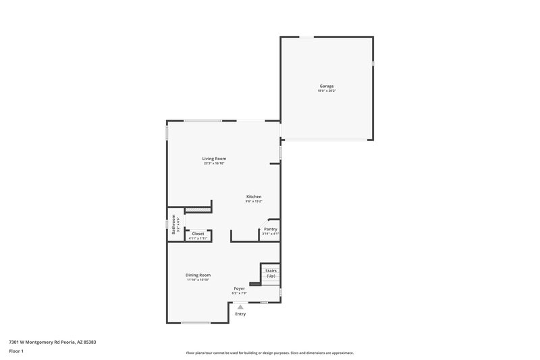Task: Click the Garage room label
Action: click(327, 86)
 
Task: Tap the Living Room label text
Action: click(213, 158)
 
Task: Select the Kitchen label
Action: click(253, 197)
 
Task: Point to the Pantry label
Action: click(270, 229)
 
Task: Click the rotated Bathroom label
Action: click(173, 224)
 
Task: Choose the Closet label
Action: click(198, 234)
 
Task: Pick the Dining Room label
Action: click(198, 275)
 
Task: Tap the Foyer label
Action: click(240, 288)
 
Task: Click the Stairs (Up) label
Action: click(271, 273)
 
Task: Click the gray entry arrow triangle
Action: click(240, 306)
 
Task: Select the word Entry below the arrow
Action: click(240, 314)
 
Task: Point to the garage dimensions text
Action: click(327, 91)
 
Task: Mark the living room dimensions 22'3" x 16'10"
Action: click(213, 163)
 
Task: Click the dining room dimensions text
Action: click(198, 280)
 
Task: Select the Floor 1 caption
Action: click(16, 351)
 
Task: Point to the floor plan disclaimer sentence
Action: click(269, 353)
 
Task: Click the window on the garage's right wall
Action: click(373, 63)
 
